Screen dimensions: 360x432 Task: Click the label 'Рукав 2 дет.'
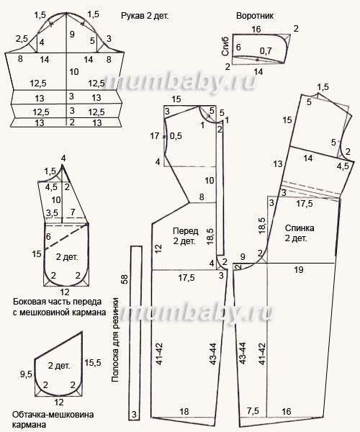(145, 16)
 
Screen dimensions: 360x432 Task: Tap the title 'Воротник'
(255, 16)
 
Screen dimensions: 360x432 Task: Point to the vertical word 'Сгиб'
(225, 47)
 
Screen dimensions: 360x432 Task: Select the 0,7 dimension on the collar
(266, 50)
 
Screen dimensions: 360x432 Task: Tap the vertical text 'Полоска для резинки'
(115, 340)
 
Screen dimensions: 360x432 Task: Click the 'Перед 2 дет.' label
(185, 236)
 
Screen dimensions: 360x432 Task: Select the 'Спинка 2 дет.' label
(300, 233)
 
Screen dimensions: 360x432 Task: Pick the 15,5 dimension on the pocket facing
(93, 363)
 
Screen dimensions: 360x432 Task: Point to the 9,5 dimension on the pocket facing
(26, 374)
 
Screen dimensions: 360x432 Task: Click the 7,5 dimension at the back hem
(253, 411)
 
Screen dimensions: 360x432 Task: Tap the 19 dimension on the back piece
(299, 269)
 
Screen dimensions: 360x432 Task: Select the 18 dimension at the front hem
(184, 411)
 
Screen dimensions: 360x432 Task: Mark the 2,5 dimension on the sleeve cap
(22, 39)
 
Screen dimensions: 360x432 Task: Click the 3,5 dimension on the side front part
(52, 212)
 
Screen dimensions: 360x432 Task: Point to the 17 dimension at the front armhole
(155, 136)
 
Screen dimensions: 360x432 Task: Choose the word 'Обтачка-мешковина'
(53, 415)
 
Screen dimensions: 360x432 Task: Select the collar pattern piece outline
(233, 49)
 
